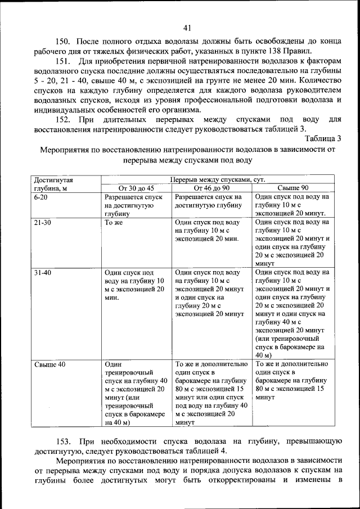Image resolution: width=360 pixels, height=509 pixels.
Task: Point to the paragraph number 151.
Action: [x=62, y=60]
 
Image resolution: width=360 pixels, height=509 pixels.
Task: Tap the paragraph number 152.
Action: [x=62, y=120]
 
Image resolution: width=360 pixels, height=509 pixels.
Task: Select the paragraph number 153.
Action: [x=62, y=442]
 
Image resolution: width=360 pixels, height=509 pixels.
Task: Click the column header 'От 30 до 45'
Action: [x=136, y=188]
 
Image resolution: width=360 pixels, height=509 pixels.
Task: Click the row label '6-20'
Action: [x=40, y=197]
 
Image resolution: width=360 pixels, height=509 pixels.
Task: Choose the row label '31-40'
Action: [x=42, y=272]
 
